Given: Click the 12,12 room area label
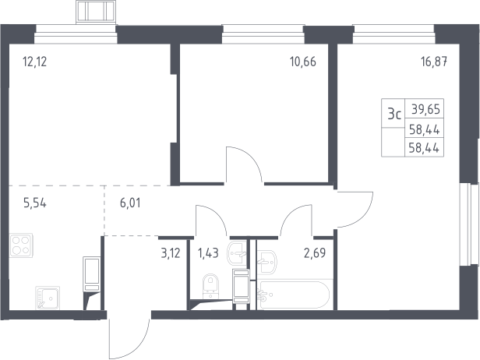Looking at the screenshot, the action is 34,62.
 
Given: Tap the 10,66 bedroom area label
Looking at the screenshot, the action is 303,62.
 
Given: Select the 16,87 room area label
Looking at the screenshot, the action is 434,62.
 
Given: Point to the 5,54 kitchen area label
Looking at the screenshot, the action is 35,203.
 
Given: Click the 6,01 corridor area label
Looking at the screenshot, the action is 130,203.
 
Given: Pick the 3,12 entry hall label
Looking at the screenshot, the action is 171,253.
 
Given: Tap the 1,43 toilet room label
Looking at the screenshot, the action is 208,253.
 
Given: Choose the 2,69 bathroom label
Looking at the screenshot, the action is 315,253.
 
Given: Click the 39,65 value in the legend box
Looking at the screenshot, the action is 425,109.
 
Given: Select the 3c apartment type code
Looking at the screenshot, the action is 394,115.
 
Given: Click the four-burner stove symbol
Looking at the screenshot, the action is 21,245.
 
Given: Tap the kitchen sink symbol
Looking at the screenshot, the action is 48,298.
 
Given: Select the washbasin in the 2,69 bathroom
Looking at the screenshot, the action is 266,262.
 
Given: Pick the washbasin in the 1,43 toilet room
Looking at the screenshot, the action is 237,252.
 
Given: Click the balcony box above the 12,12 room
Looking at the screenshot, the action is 96,12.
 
